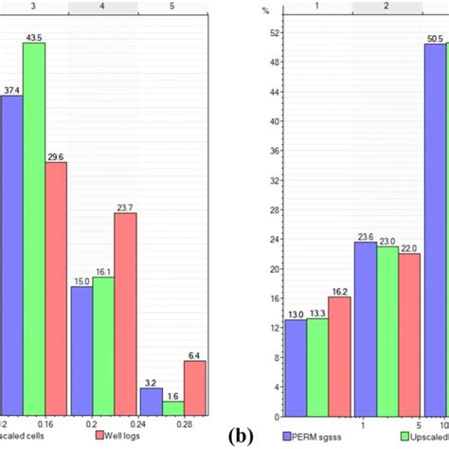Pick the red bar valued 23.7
click(x=125, y=314)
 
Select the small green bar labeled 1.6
click(x=172, y=407)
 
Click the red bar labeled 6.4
click(x=195, y=387)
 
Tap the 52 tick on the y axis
click(x=273, y=33)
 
